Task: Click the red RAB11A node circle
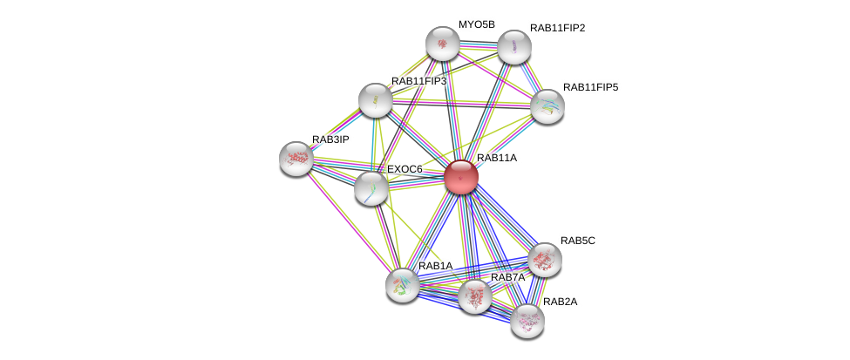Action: pos(461,177)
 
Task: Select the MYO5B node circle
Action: pos(442,44)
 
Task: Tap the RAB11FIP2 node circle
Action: pos(514,47)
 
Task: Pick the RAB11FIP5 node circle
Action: pos(547,106)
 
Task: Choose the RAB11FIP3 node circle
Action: pos(376,100)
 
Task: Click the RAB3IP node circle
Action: pos(296,158)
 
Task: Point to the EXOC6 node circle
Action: pos(371,187)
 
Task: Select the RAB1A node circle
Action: pos(403,284)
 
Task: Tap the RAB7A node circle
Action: pos(475,296)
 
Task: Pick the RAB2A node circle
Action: pos(527,320)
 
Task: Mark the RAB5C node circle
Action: pos(545,259)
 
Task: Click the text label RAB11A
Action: pos(497,158)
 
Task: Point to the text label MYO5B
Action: pos(476,24)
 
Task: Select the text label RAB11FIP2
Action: pos(557,28)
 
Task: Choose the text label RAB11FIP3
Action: pos(418,81)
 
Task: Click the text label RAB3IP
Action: pos(330,139)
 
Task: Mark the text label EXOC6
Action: pos(405,169)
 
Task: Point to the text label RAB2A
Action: pos(560,302)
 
